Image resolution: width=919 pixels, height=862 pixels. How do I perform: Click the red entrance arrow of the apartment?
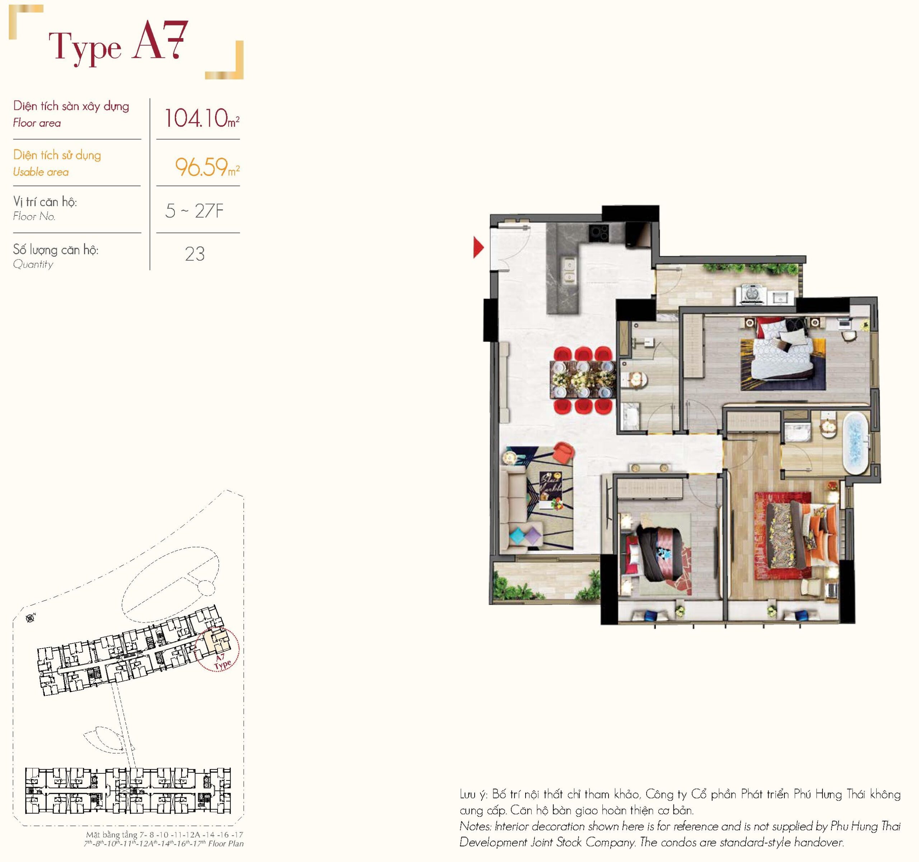coord(477,247)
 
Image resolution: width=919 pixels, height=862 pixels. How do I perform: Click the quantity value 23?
coord(195,254)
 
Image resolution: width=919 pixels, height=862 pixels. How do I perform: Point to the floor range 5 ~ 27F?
coord(195,211)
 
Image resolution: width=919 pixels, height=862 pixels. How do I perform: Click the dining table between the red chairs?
coord(583,379)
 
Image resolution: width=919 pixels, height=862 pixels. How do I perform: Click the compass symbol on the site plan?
coord(31,618)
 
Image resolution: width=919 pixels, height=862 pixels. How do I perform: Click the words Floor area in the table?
coord(37,123)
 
